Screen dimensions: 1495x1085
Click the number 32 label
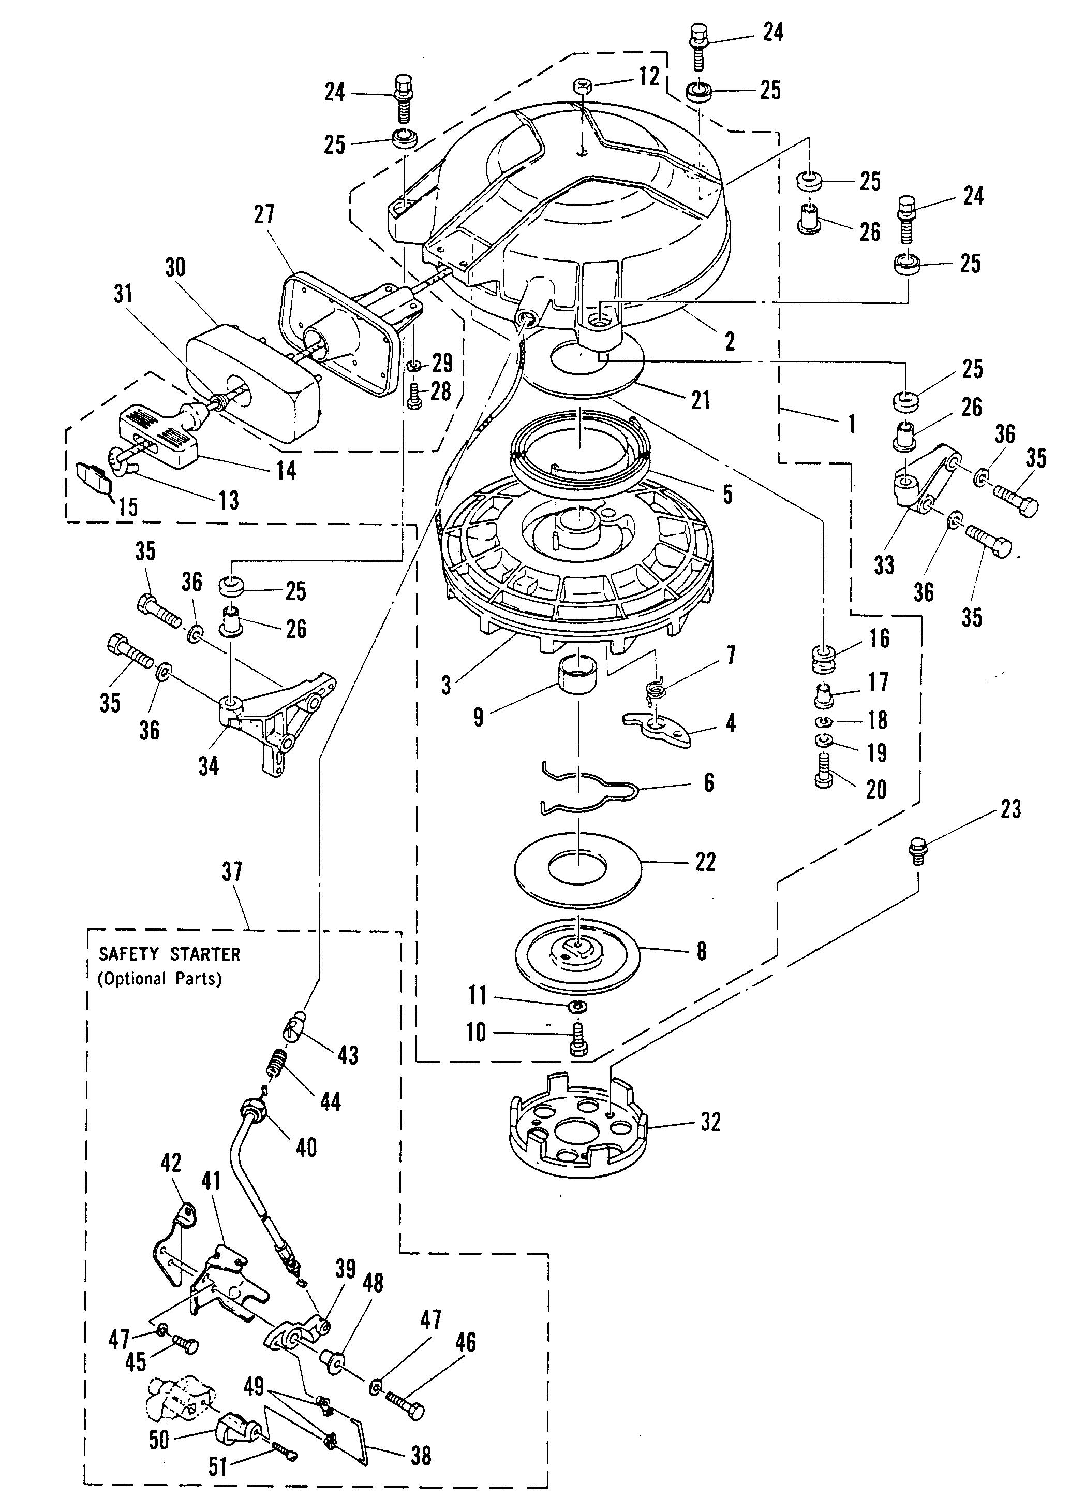tap(710, 1122)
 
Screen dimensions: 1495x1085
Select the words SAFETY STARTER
tap(169, 954)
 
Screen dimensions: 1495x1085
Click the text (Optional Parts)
tap(159, 978)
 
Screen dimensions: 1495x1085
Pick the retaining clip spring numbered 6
tap(579, 788)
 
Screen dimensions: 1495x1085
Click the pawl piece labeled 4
tap(659, 729)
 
